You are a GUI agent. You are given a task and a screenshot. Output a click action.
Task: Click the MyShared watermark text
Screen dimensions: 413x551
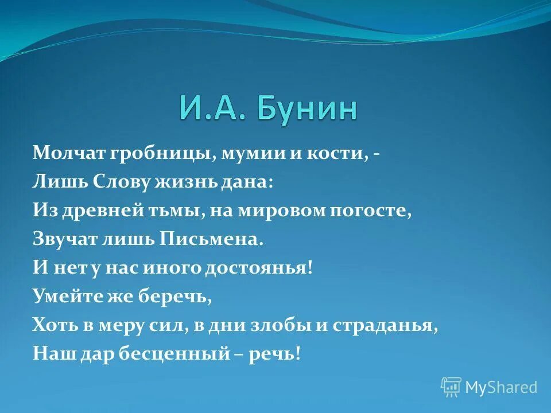point(501,387)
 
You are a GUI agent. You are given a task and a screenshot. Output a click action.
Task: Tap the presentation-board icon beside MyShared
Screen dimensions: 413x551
point(451,387)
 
